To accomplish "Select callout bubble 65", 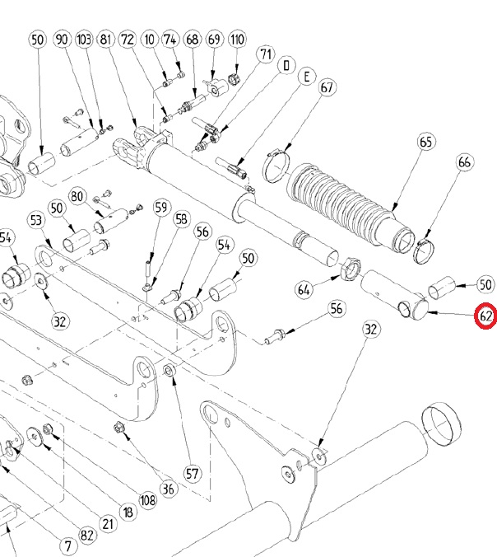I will (425, 142).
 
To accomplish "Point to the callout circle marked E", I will (306, 77).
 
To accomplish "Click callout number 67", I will (326, 87).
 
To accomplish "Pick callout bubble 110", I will (237, 40).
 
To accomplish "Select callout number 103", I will (85, 40).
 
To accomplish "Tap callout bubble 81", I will (106, 40).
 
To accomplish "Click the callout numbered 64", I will (304, 289).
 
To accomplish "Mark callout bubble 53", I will (36, 220).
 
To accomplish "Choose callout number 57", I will (192, 474).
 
